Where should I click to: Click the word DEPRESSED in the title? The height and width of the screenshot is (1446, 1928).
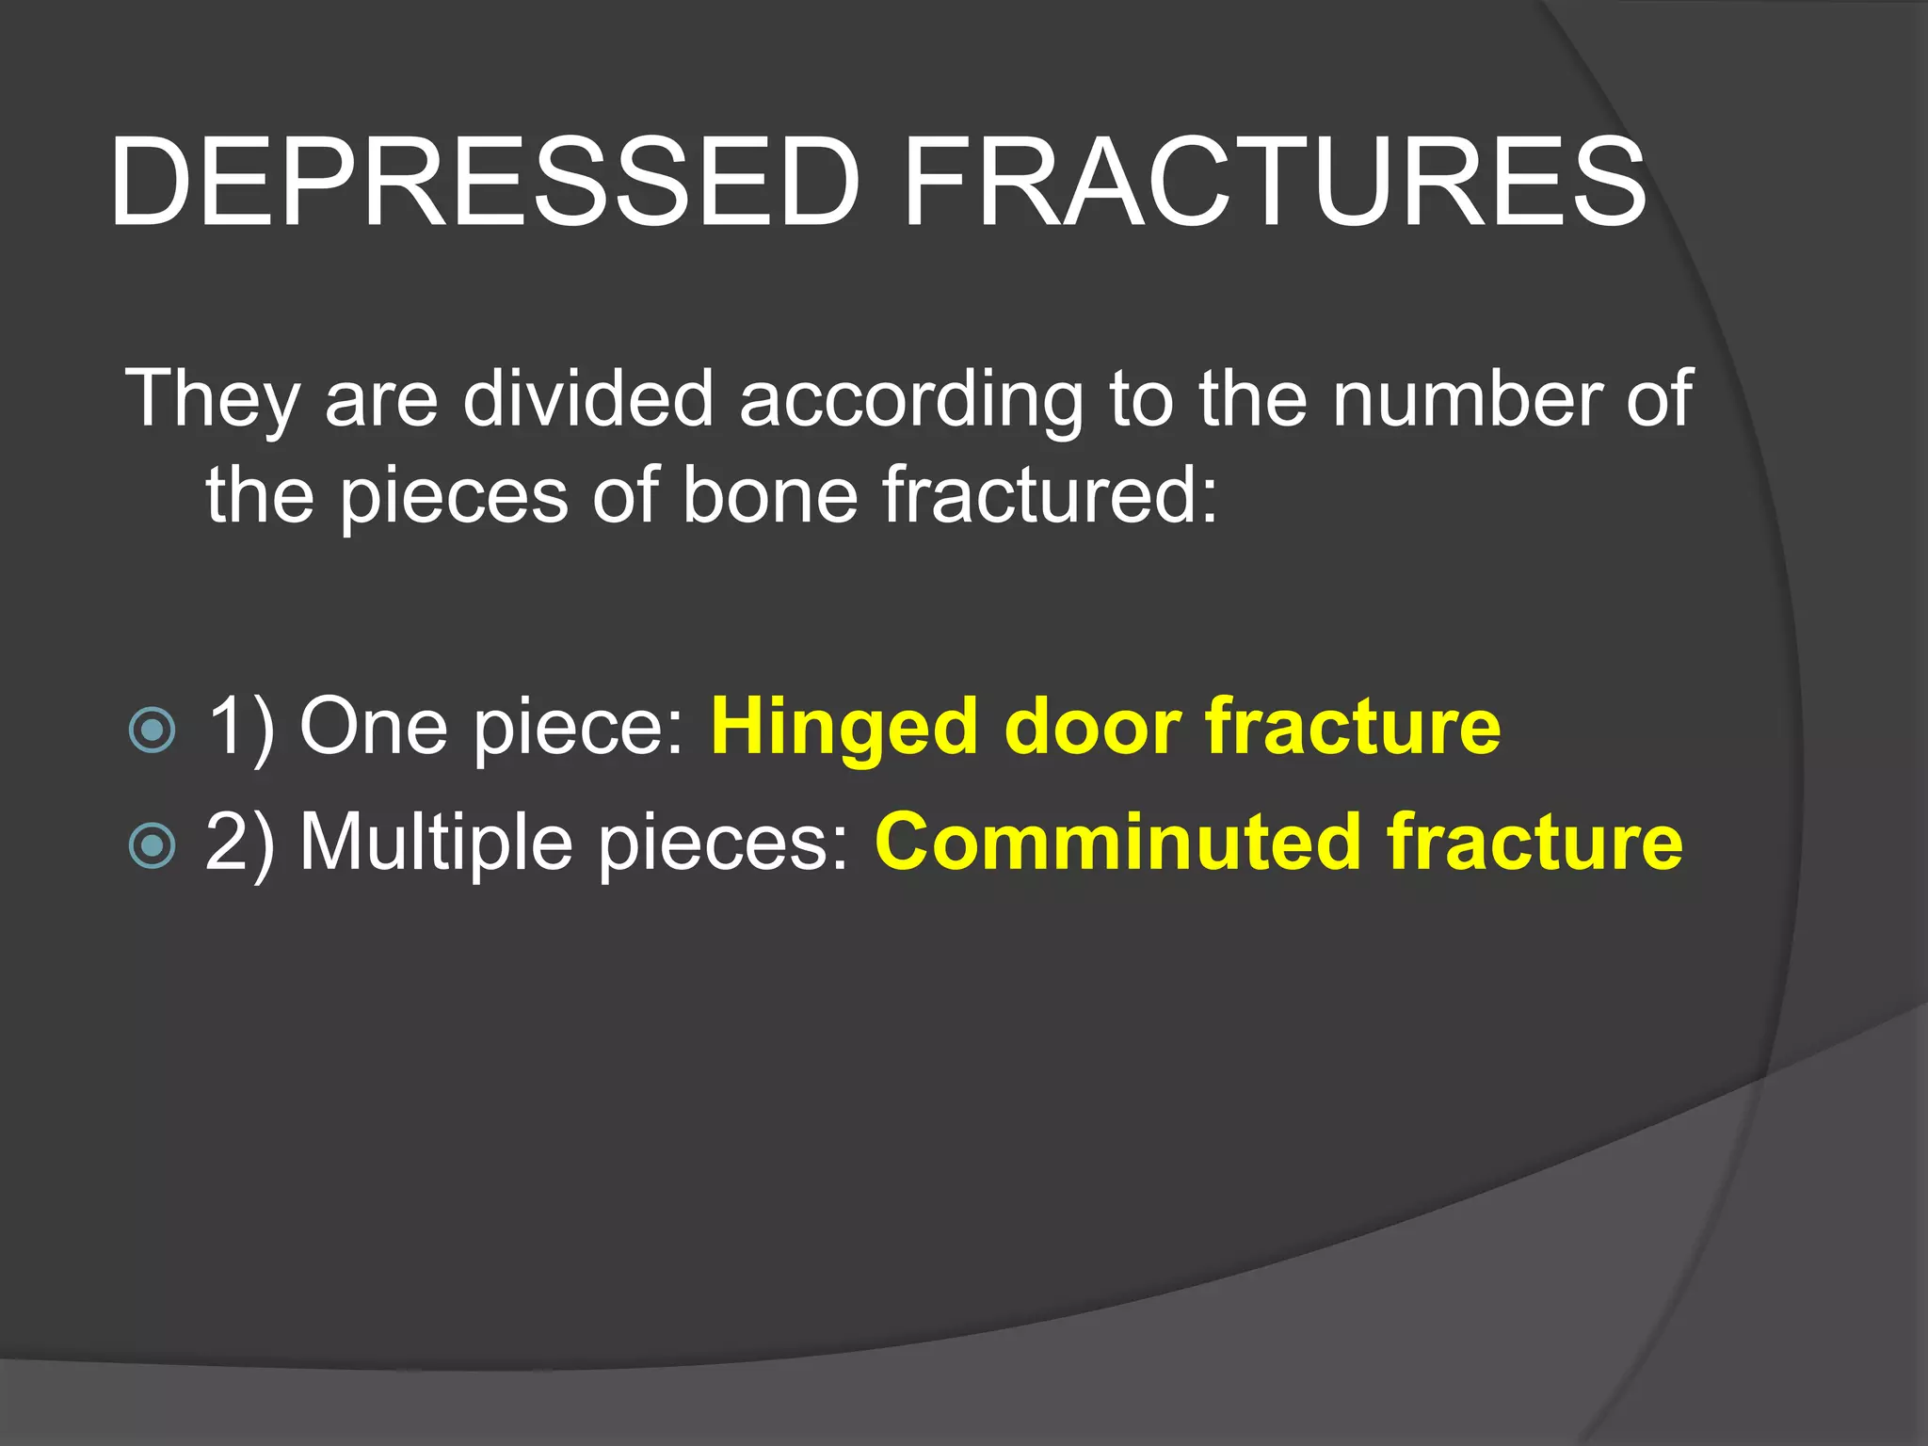[485, 182]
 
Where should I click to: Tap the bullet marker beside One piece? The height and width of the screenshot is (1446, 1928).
[152, 730]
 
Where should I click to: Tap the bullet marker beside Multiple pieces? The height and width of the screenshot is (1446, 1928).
[152, 844]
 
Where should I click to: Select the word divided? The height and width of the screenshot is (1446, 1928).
[587, 398]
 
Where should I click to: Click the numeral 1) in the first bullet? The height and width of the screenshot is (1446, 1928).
[240, 727]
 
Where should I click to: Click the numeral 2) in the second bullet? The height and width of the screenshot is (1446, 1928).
[240, 842]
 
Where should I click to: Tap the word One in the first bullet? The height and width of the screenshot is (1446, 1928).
[373, 727]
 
